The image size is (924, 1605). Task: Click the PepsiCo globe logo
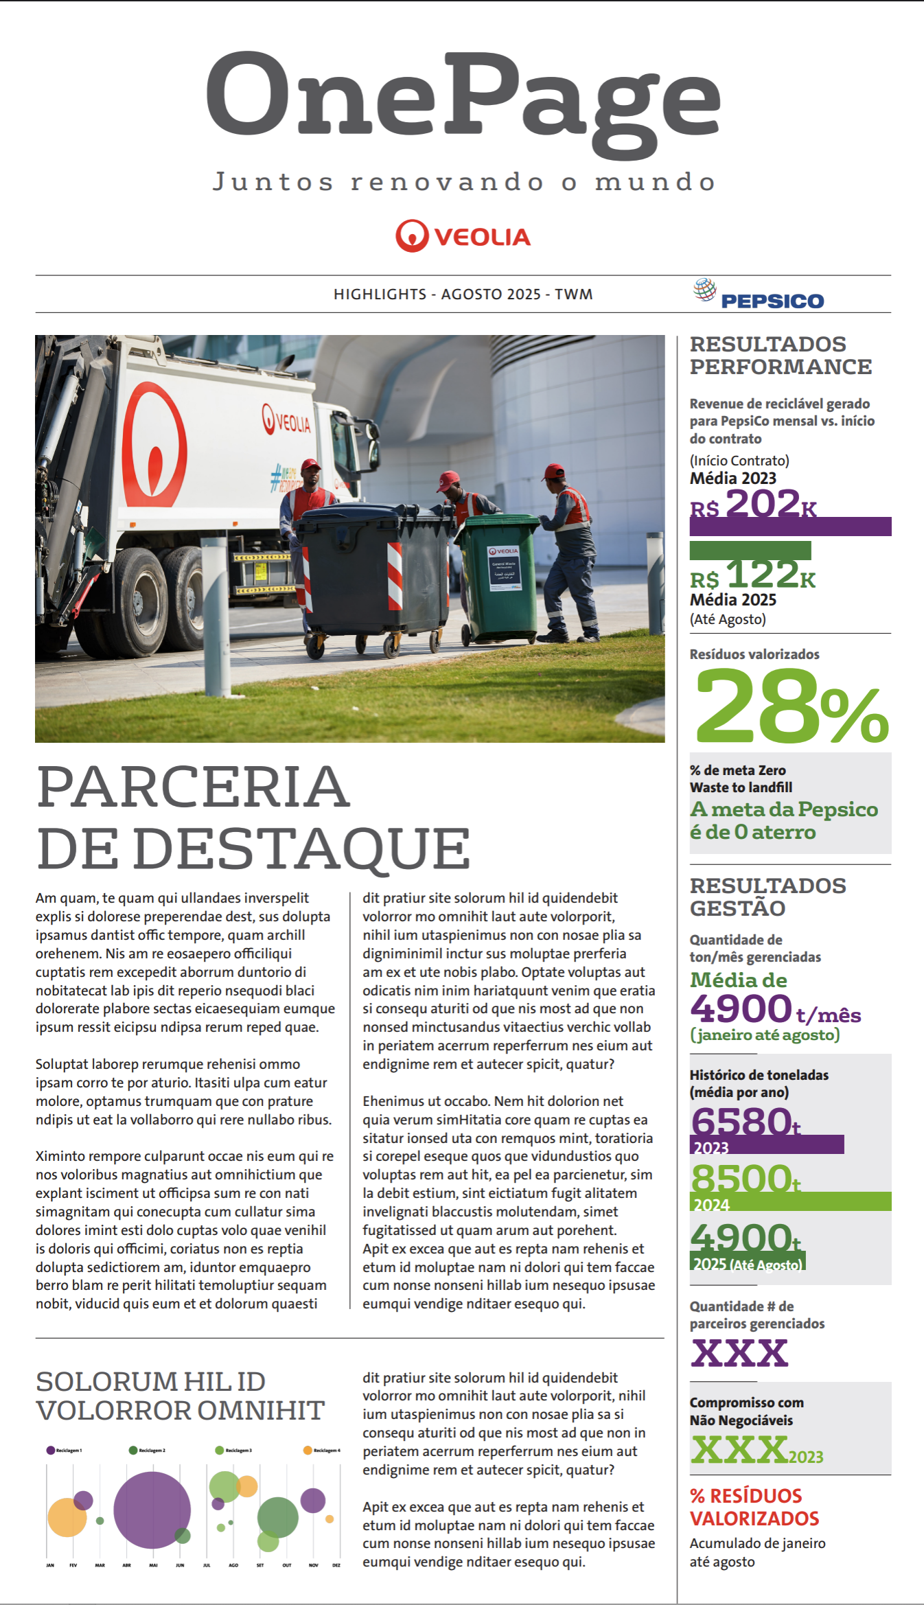click(x=704, y=290)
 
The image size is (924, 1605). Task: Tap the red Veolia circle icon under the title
click(x=412, y=236)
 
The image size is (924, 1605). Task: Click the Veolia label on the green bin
click(x=503, y=551)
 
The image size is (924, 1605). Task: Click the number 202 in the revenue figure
click(x=762, y=503)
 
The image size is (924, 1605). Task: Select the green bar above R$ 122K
click(x=750, y=550)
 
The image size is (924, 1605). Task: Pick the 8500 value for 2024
click(x=741, y=1178)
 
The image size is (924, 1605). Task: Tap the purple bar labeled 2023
click(x=767, y=1144)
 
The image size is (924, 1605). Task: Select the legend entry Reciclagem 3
click(x=233, y=1451)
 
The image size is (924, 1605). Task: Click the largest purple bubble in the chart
click(x=152, y=1510)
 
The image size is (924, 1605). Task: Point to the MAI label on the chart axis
click(x=153, y=1566)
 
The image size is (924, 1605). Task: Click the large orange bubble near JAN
click(x=67, y=1518)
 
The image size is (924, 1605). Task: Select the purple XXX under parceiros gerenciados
click(x=739, y=1353)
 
